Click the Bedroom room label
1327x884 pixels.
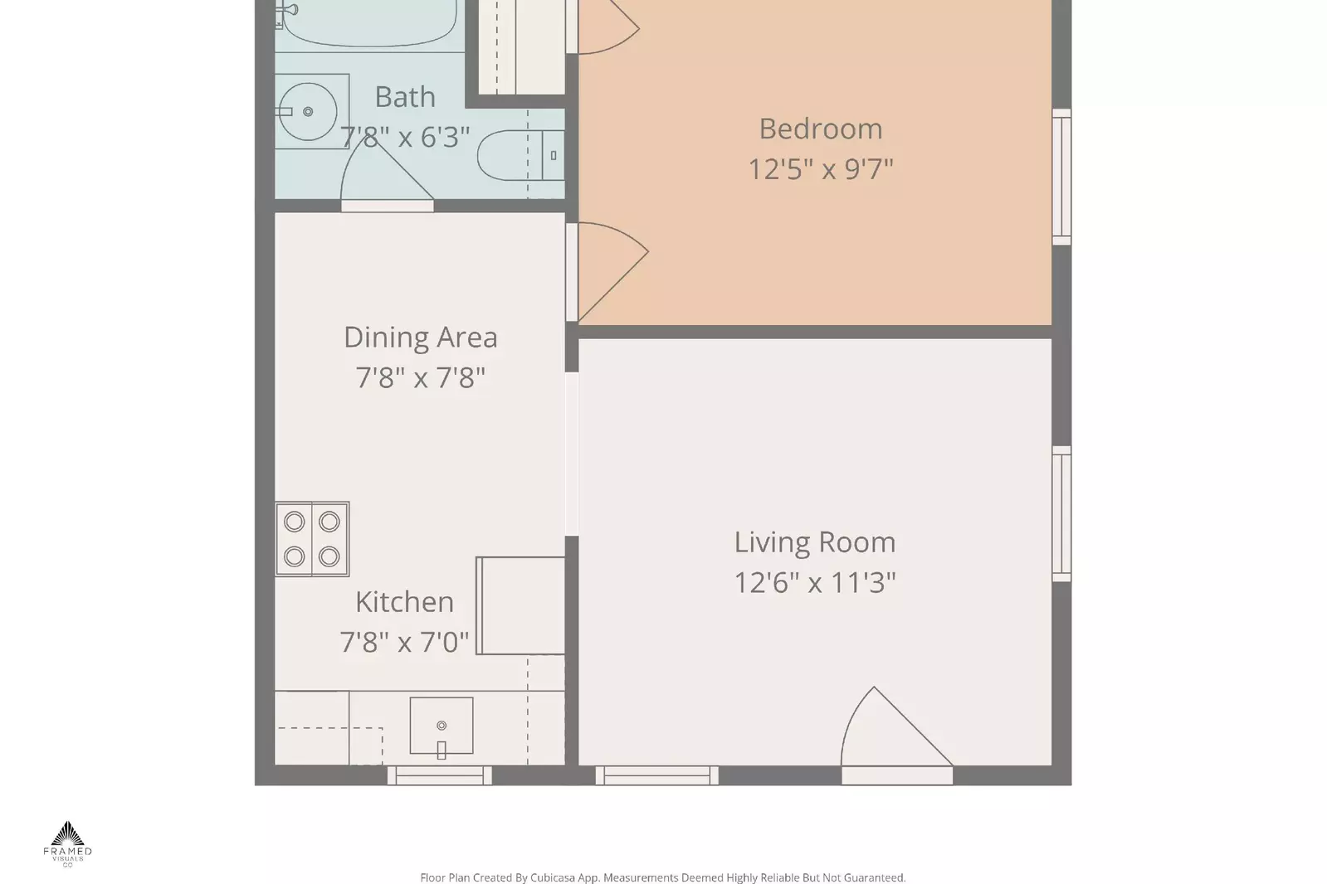(820, 129)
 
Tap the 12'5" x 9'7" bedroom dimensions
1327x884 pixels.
(820, 169)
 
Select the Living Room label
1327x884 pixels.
(814, 542)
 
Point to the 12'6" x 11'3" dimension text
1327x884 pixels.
(814, 583)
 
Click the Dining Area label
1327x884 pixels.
(420, 338)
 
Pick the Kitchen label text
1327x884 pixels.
(404, 602)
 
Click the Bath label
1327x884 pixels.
(404, 97)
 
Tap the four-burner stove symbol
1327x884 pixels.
(312, 539)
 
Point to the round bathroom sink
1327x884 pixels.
(306, 111)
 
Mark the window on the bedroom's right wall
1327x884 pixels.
(1061, 177)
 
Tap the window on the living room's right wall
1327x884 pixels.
(1061, 514)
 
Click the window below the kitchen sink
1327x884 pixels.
(440, 775)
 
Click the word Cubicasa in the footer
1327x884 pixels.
(553, 877)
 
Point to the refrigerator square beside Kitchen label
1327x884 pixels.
(521, 605)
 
